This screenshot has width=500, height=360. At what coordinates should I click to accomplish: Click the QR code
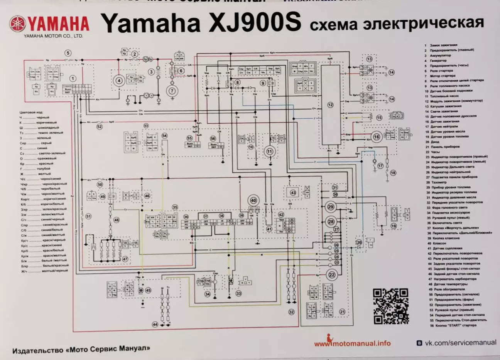point(390,306)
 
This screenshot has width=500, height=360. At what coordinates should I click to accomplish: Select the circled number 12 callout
point(330,104)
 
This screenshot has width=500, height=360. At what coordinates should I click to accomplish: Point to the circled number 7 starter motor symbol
point(171,91)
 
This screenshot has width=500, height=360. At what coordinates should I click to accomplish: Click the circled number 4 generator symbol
point(119,81)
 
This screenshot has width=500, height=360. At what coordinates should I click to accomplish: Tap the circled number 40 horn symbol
point(253,200)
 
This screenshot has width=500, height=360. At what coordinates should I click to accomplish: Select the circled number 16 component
point(377,136)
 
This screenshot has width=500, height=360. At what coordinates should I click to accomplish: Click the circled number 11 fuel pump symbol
point(269,151)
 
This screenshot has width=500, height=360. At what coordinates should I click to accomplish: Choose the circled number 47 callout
point(125,259)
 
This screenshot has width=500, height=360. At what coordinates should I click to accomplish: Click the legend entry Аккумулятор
point(438,56)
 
